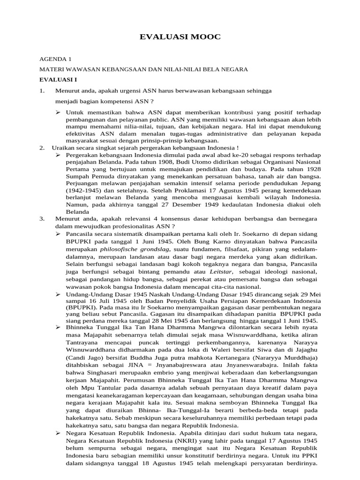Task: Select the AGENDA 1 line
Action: tap(55, 60)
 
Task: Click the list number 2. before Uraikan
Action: tap(42, 148)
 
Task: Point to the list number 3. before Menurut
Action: tap(42, 219)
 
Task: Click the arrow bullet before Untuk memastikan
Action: tap(59, 112)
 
